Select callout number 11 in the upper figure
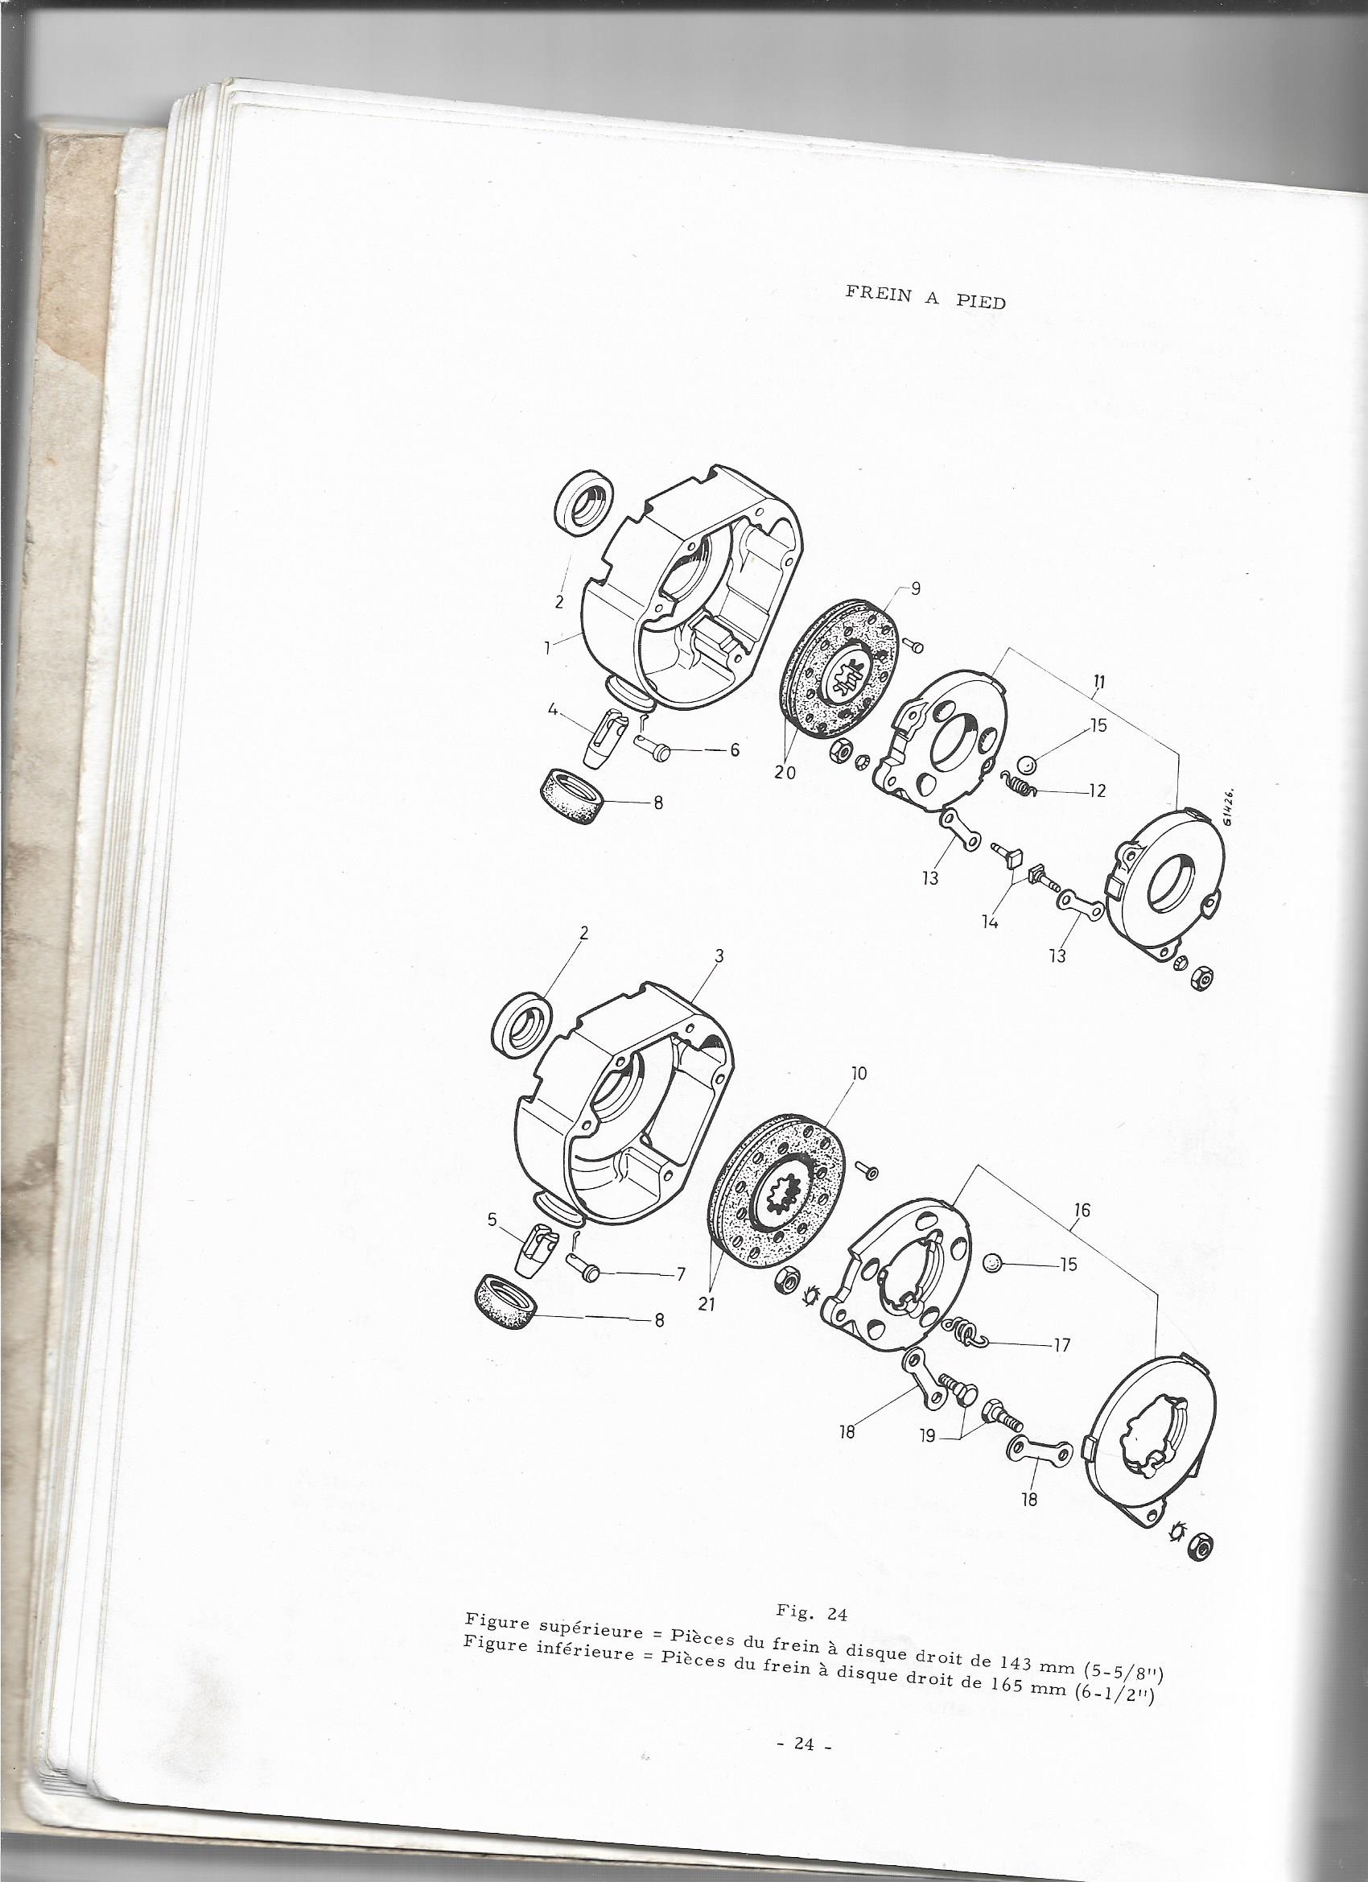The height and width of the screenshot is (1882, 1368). tap(1098, 683)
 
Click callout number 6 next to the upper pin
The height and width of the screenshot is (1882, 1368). tap(735, 749)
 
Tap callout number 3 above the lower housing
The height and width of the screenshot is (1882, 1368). tap(719, 956)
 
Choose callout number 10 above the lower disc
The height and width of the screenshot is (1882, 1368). tap(858, 1074)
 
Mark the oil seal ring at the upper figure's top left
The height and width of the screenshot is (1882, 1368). tap(584, 506)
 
